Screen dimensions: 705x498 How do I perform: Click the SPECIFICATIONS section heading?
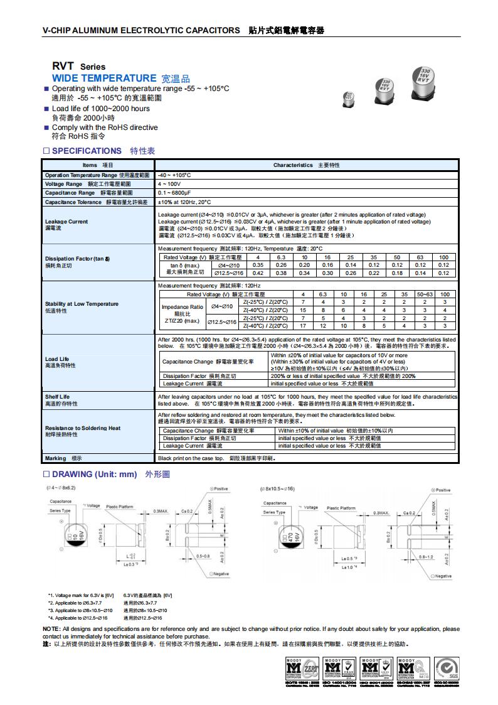87,151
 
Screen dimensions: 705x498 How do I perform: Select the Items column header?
98,165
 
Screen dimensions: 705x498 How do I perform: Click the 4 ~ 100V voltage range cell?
169,184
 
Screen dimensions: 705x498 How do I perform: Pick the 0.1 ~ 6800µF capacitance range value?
174,193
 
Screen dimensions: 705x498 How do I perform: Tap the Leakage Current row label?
66,222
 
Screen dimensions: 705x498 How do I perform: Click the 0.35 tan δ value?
258,266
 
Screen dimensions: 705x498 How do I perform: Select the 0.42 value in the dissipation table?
258,274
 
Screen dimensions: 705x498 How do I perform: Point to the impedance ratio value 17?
303,326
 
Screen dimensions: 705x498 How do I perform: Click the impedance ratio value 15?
303,310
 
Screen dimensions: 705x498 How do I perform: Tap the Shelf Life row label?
57,397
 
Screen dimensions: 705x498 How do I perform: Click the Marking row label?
55,458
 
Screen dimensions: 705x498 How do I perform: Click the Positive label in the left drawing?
220,488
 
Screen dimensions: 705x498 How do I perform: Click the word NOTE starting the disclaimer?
51,628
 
